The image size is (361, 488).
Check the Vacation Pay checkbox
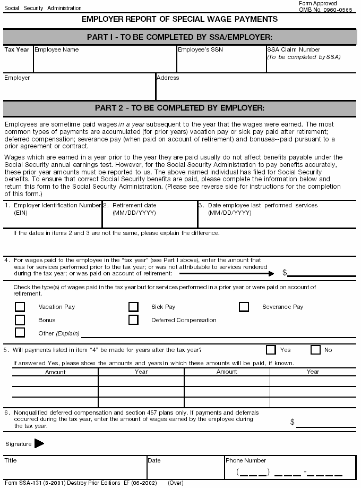[x=20, y=307]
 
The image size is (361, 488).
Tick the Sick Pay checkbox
[x=133, y=307]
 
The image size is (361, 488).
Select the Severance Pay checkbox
[x=244, y=307]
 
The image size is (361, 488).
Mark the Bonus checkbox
[x=20, y=320]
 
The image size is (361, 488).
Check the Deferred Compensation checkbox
[x=133, y=320]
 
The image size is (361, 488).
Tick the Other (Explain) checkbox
[x=20, y=333]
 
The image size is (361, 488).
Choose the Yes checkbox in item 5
[x=271, y=350]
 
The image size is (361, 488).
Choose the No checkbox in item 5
[x=315, y=350]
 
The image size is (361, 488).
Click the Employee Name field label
[x=56, y=49]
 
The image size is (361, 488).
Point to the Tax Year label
[x=17, y=49]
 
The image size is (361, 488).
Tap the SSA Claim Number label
[x=294, y=49]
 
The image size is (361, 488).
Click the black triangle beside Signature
[x=39, y=444]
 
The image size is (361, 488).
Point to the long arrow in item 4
[x=226, y=273]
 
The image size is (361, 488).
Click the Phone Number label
[x=246, y=460]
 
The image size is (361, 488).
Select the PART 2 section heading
[x=179, y=108]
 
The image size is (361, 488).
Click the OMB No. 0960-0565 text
[x=325, y=10]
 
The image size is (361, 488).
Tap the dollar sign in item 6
[x=293, y=422]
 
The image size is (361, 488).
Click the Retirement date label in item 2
[x=134, y=205]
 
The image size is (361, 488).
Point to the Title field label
[x=11, y=460]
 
